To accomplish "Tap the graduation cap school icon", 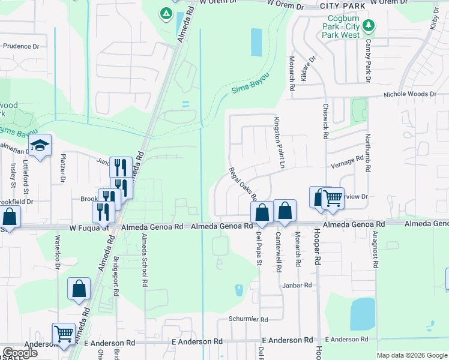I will point(40,146).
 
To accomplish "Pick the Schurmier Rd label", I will point(247,320).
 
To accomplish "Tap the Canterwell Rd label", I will point(278,253).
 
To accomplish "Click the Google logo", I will point(20,353).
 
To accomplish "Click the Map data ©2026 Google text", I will point(412,355).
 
